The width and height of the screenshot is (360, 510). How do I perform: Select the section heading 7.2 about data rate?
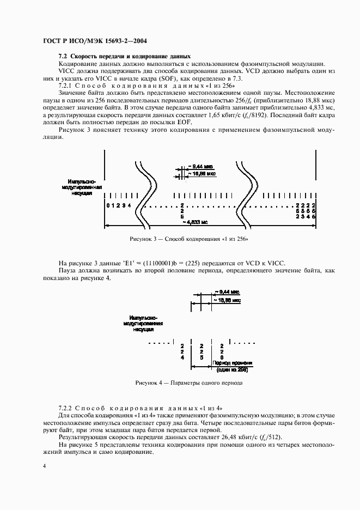coord(125,56)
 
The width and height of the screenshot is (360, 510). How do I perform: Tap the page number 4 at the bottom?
coord(45,465)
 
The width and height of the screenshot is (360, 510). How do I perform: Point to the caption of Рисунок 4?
coord(188,382)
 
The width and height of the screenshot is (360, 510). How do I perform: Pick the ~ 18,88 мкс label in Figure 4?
coord(228,300)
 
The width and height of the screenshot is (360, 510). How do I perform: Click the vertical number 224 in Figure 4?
coord(182,351)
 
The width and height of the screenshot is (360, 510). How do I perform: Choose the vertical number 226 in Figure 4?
coord(221,351)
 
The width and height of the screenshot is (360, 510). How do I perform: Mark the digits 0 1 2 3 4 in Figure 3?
coord(119,205)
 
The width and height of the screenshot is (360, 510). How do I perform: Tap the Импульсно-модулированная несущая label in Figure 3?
coord(81,187)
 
